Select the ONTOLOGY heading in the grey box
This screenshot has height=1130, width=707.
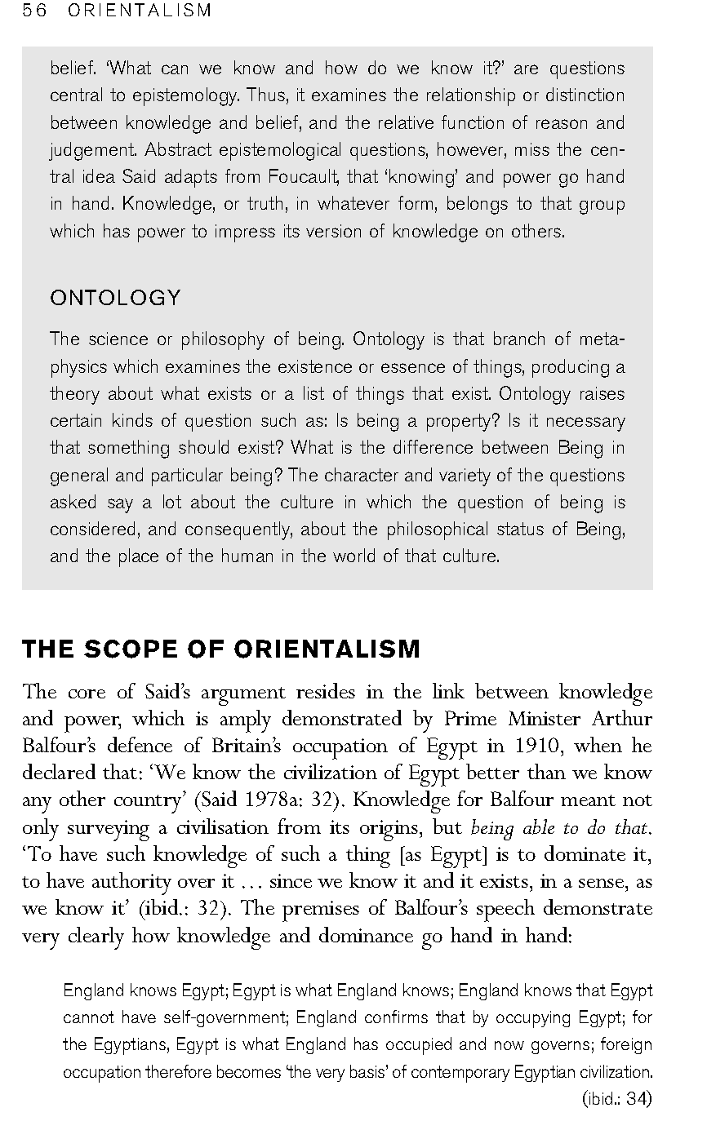[x=115, y=298]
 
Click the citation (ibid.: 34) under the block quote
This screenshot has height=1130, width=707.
[x=616, y=1098]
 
